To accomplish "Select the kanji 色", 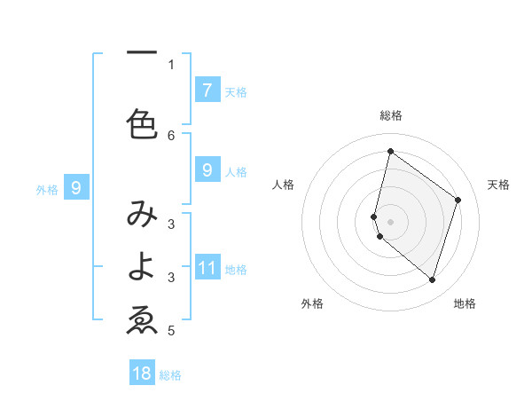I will coord(142,123).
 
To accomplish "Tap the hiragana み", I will coord(142,216).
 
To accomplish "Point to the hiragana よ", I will coord(142,266).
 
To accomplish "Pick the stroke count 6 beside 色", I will coord(171,135).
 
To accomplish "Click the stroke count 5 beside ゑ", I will coord(171,331).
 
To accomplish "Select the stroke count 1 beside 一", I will coord(171,64).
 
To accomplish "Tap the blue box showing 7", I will coord(207,90).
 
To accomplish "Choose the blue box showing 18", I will coord(142,374).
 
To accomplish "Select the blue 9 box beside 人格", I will coord(207,169).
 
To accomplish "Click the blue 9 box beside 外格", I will coord(76,187).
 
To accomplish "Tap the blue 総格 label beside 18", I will coord(170,375).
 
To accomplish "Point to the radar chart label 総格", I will coord(390,116).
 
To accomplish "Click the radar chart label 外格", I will coord(312,303).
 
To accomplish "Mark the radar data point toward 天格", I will coord(458,200).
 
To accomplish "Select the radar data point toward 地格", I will coord(432,279).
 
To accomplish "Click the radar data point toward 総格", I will coord(390,151).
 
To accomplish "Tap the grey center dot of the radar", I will coord(390,221).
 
